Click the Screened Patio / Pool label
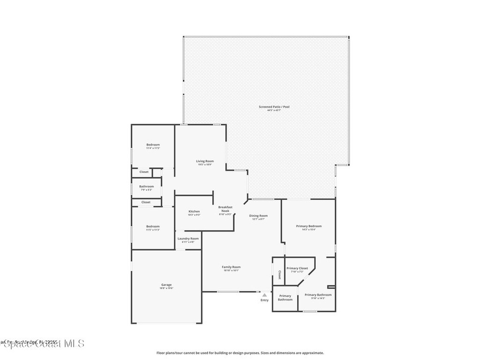(274, 107)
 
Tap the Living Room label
(205, 161)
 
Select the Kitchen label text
(194, 211)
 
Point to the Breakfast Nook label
(225, 209)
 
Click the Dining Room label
(258, 216)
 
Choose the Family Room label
(231, 267)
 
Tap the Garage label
(166, 285)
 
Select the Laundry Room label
(188, 239)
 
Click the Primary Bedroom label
(309, 226)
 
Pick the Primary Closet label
(297, 268)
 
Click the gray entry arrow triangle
(264, 295)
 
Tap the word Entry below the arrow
(265, 300)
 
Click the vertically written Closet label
(279, 275)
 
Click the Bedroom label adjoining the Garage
(153, 226)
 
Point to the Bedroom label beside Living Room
(153, 144)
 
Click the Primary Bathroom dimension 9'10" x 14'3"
(318, 298)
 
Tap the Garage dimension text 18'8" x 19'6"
(166, 288)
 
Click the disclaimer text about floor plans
(240, 353)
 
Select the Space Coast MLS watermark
(42, 344)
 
